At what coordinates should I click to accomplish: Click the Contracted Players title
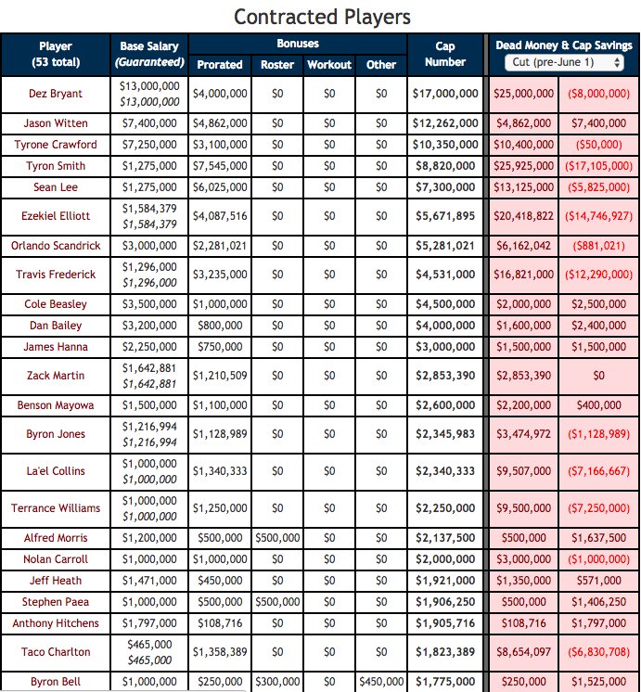click(321, 17)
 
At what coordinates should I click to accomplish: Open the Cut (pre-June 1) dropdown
click(564, 62)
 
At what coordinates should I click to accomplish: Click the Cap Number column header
click(444, 54)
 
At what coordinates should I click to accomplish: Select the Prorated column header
click(220, 65)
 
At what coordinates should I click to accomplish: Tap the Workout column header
click(329, 65)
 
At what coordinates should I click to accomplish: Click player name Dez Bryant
click(56, 94)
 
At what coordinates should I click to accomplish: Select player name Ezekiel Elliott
click(56, 216)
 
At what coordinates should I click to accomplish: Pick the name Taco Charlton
click(56, 652)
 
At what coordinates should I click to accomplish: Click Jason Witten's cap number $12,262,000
click(445, 123)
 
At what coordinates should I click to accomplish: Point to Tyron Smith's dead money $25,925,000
click(524, 166)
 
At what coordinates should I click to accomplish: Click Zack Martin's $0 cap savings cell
click(598, 376)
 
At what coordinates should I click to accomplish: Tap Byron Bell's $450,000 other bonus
click(381, 682)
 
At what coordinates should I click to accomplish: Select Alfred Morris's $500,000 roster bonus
click(277, 538)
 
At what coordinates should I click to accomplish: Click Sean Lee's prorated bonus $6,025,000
click(220, 187)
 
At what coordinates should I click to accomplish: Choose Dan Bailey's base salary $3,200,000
click(148, 326)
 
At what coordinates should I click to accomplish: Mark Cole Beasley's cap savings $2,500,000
click(598, 304)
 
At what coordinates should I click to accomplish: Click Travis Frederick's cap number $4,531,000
click(445, 275)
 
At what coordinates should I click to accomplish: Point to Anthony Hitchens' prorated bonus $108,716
click(220, 623)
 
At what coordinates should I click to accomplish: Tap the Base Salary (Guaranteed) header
click(148, 54)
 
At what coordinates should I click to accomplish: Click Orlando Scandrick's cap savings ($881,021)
click(598, 246)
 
